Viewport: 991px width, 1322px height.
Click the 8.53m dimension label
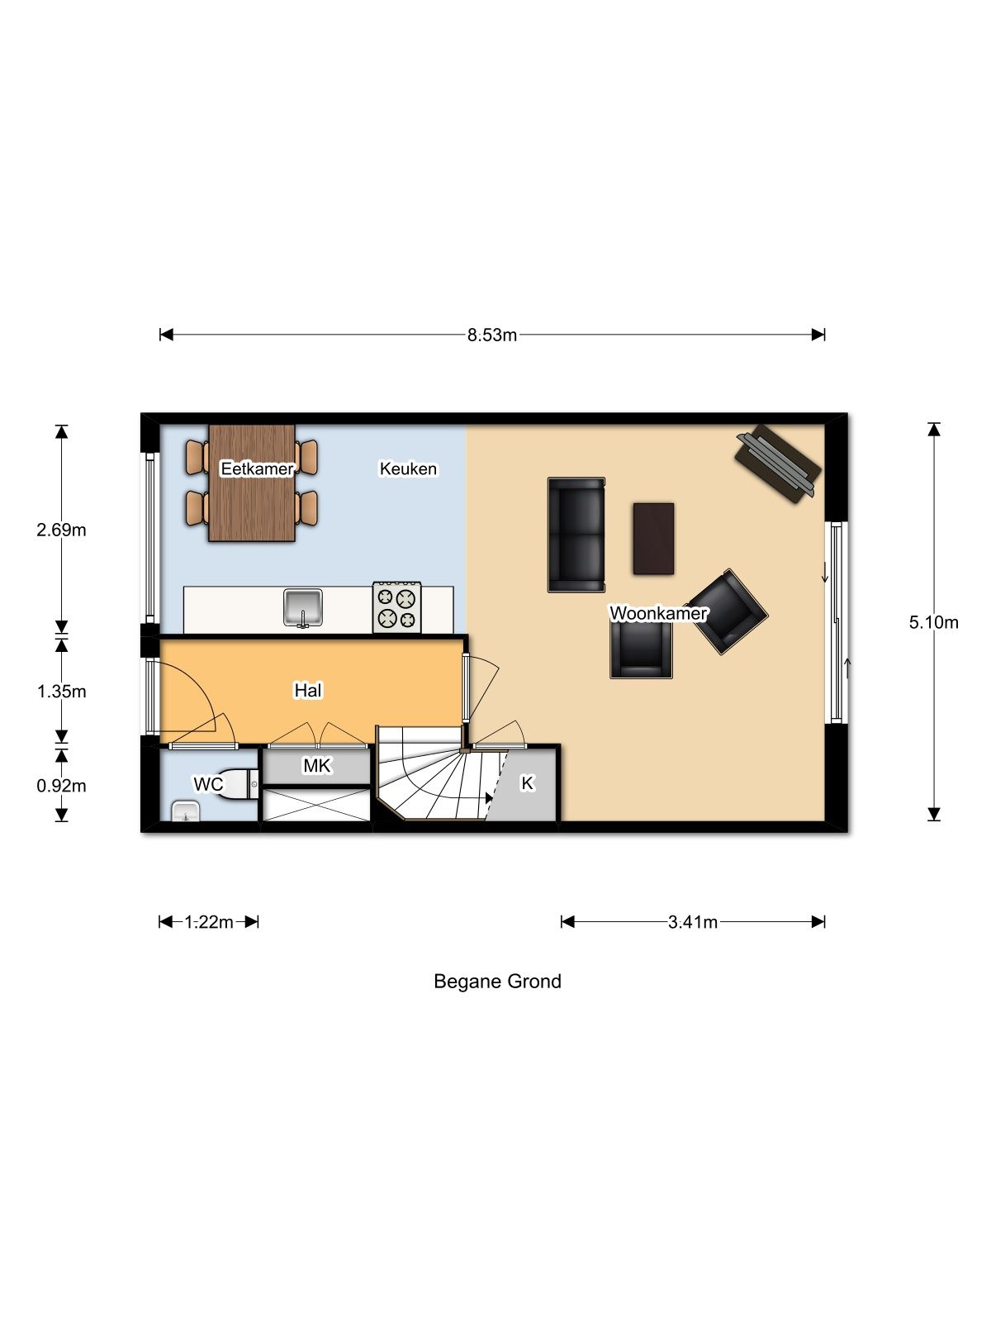click(x=491, y=335)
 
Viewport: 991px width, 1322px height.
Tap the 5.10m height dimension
click(x=933, y=622)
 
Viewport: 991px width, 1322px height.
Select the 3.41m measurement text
click(x=693, y=922)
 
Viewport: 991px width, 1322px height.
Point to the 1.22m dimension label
click(x=209, y=922)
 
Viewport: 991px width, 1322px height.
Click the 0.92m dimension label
click(x=61, y=786)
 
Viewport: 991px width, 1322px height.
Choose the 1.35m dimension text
click(x=61, y=692)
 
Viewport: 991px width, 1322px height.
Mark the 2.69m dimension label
click(x=61, y=530)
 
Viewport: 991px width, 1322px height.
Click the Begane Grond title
click(x=498, y=982)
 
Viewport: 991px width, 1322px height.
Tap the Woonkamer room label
click(x=658, y=613)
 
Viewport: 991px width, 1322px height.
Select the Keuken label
click(x=408, y=468)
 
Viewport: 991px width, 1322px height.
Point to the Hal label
click(x=308, y=690)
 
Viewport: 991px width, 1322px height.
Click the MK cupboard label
click(x=317, y=765)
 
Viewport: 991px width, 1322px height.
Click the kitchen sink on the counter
click(x=303, y=607)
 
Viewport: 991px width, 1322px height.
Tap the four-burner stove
click(x=396, y=607)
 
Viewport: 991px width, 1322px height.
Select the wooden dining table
click(x=252, y=483)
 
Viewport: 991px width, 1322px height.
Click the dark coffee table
click(x=653, y=539)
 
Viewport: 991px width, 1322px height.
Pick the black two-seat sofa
click(x=576, y=535)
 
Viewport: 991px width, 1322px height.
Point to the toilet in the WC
click(x=239, y=784)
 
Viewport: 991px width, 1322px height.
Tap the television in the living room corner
click(x=778, y=464)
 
